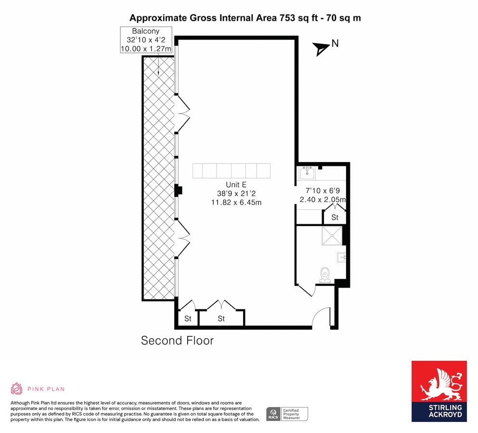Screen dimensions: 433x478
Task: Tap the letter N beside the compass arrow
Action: (335, 43)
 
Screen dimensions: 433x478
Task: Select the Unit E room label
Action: (236, 185)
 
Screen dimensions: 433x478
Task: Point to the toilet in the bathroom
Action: (325, 274)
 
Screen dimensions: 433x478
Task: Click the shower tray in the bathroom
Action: (332, 236)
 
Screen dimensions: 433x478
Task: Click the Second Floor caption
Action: (177, 341)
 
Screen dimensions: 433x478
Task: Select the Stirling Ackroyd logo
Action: (439, 391)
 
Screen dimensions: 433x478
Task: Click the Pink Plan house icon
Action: (17, 388)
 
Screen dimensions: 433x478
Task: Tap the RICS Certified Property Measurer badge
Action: (287, 414)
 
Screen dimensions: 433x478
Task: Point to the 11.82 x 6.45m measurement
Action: (236, 203)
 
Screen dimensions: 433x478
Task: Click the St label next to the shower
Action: (335, 217)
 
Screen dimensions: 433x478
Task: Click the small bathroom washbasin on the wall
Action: (341, 257)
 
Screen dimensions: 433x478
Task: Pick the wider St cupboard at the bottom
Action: (221, 318)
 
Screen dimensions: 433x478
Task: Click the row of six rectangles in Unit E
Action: (232, 171)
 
